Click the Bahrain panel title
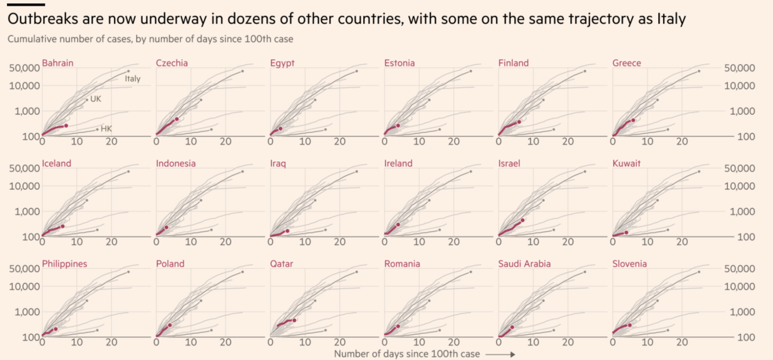pyautogui.click(x=58, y=63)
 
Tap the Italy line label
pyautogui.click(x=132, y=79)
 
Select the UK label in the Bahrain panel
pyautogui.click(x=96, y=99)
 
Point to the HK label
pyautogui.click(x=106, y=129)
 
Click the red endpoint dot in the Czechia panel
pyautogui.click(x=177, y=119)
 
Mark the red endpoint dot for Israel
pyautogui.click(x=522, y=220)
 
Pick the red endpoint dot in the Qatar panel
pyautogui.click(x=294, y=320)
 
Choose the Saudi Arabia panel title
pyautogui.click(x=524, y=264)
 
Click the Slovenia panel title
pyautogui.click(x=629, y=264)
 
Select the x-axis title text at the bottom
pyautogui.click(x=407, y=354)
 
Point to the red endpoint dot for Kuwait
pyautogui.click(x=626, y=232)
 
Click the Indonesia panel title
pyautogui.click(x=176, y=163)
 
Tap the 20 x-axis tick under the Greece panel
pyautogui.click(x=682, y=141)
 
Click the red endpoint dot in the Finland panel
pyautogui.click(x=519, y=122)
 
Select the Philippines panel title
pyautogui.click(x=64, y=264)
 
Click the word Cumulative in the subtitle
pyautogui.click(x=28, y=39)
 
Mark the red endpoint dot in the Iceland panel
pyautogui.click(x=63, y=226)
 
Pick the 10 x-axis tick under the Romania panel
pyautogui.click(x=419, y=342)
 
